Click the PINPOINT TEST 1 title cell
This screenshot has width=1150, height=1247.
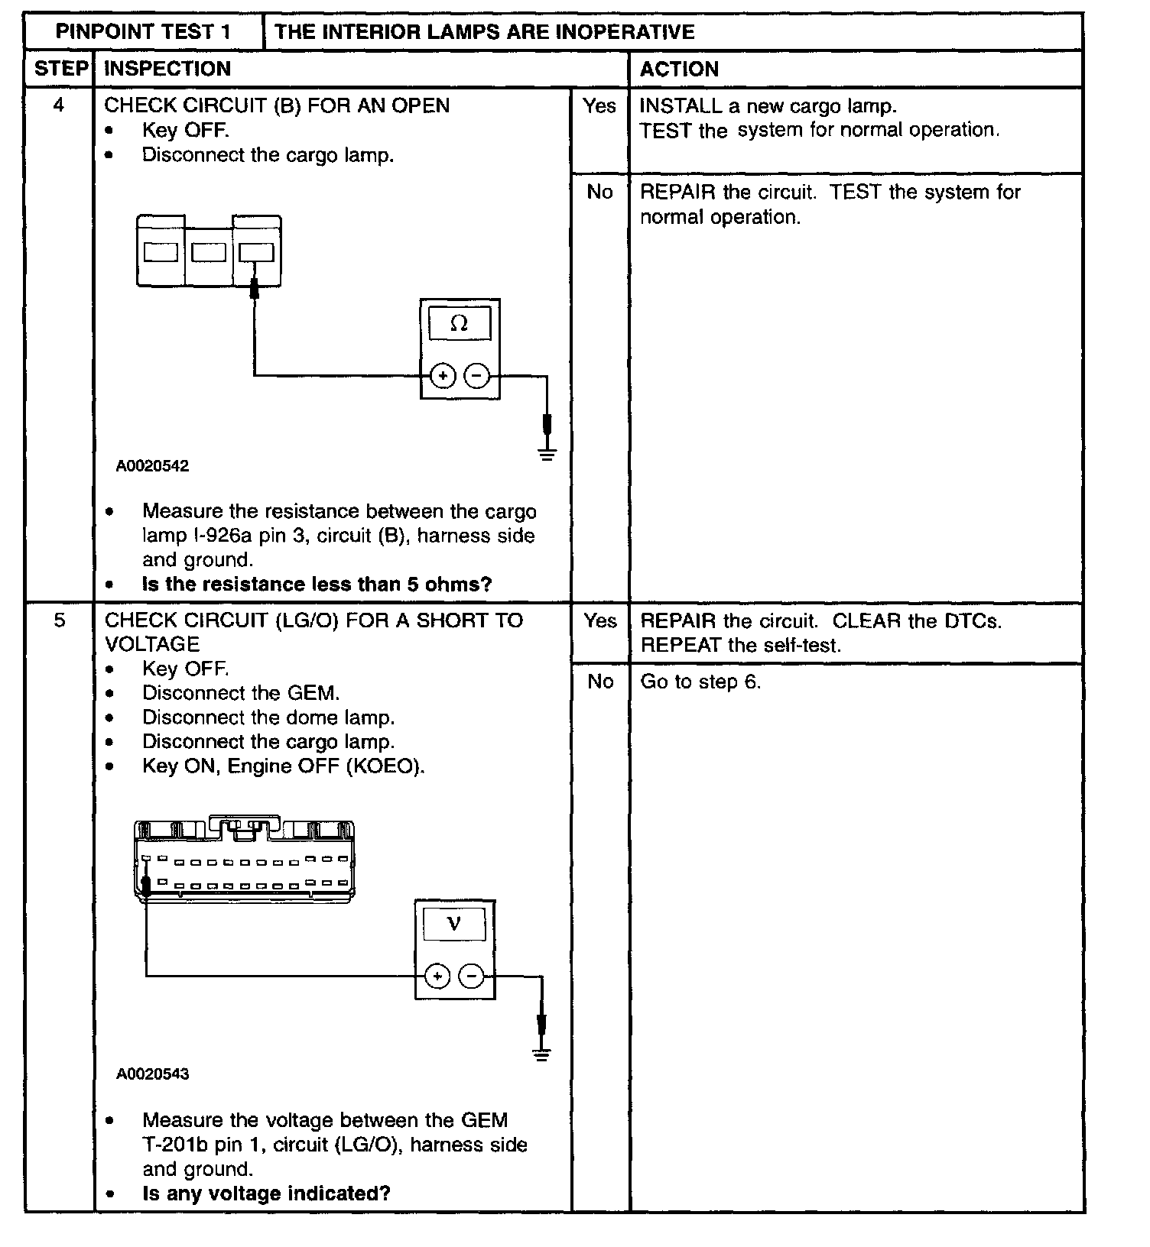143,32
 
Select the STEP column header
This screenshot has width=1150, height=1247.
60,69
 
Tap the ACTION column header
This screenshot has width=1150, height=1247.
679,70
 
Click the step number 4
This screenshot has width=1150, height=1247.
59,105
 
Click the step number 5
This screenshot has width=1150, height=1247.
60,620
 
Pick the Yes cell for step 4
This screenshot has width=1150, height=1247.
599,106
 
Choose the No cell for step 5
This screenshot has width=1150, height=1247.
600,682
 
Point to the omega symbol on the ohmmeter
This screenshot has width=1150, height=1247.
459,324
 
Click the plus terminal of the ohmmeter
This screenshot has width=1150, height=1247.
443,376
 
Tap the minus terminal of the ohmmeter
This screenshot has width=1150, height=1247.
477,376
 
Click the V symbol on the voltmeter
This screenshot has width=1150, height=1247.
453,924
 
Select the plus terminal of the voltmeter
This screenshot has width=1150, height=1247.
437,977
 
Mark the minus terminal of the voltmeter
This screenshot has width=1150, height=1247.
472,977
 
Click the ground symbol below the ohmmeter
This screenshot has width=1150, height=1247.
547,455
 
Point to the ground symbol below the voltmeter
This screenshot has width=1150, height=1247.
541,1055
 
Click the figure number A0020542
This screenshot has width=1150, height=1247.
152,466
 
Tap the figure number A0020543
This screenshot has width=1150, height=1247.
152,1074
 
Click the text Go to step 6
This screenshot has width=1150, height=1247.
700,682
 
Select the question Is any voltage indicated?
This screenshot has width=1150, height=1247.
266,1194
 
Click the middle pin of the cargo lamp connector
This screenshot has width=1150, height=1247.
208,252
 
